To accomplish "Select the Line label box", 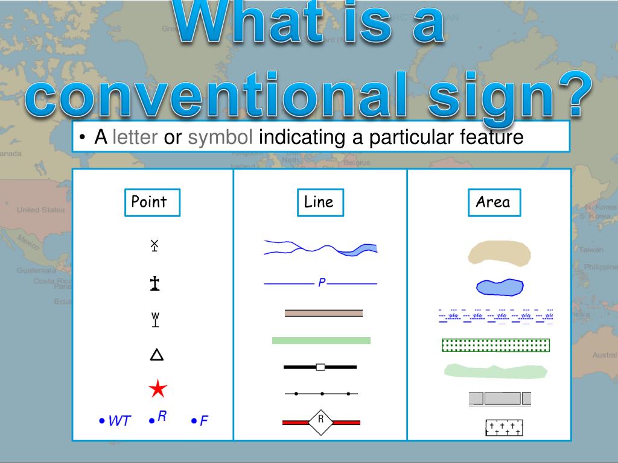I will click(x=320, y=203).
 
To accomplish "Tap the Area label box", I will click(x=494, y=203).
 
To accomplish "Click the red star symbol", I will click(x=158, y=389).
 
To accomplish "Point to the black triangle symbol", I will click(x=156, y=355).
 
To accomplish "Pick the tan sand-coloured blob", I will click(x=500, y=253).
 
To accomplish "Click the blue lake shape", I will click(x=499, y=287).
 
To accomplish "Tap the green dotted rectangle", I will click(x=495, y=345).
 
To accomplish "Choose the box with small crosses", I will click(x=504, y=428).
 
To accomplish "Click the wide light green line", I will click(x=321, y=341).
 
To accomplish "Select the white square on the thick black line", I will click(x=320, y=367).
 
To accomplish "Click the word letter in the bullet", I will click(x=135, y=138).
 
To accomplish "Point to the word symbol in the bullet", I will click(x=220, y=138).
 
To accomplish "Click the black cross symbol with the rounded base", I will click(x=155, y=284).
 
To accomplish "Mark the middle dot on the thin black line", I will click(x=322, y=394).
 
